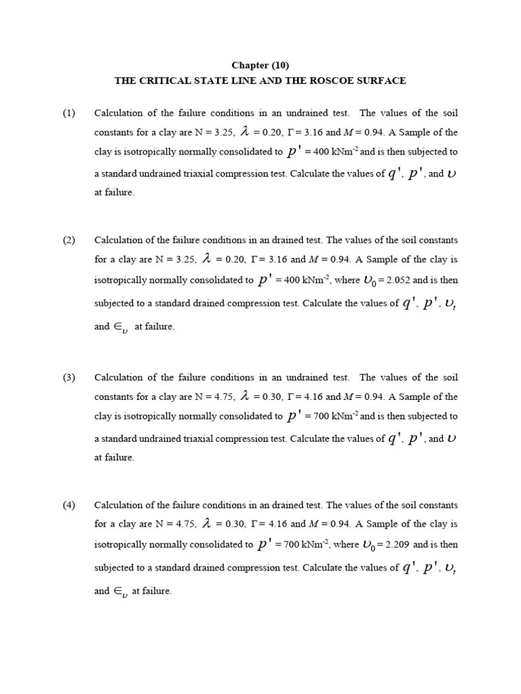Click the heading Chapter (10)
[x=260, y=66]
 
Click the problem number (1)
[x=69, y=113]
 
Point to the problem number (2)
[x=69, y=240]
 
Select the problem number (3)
[x=69, y=377]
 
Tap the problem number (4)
[x=69, y=505]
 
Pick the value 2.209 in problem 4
[x=397, y=544]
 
